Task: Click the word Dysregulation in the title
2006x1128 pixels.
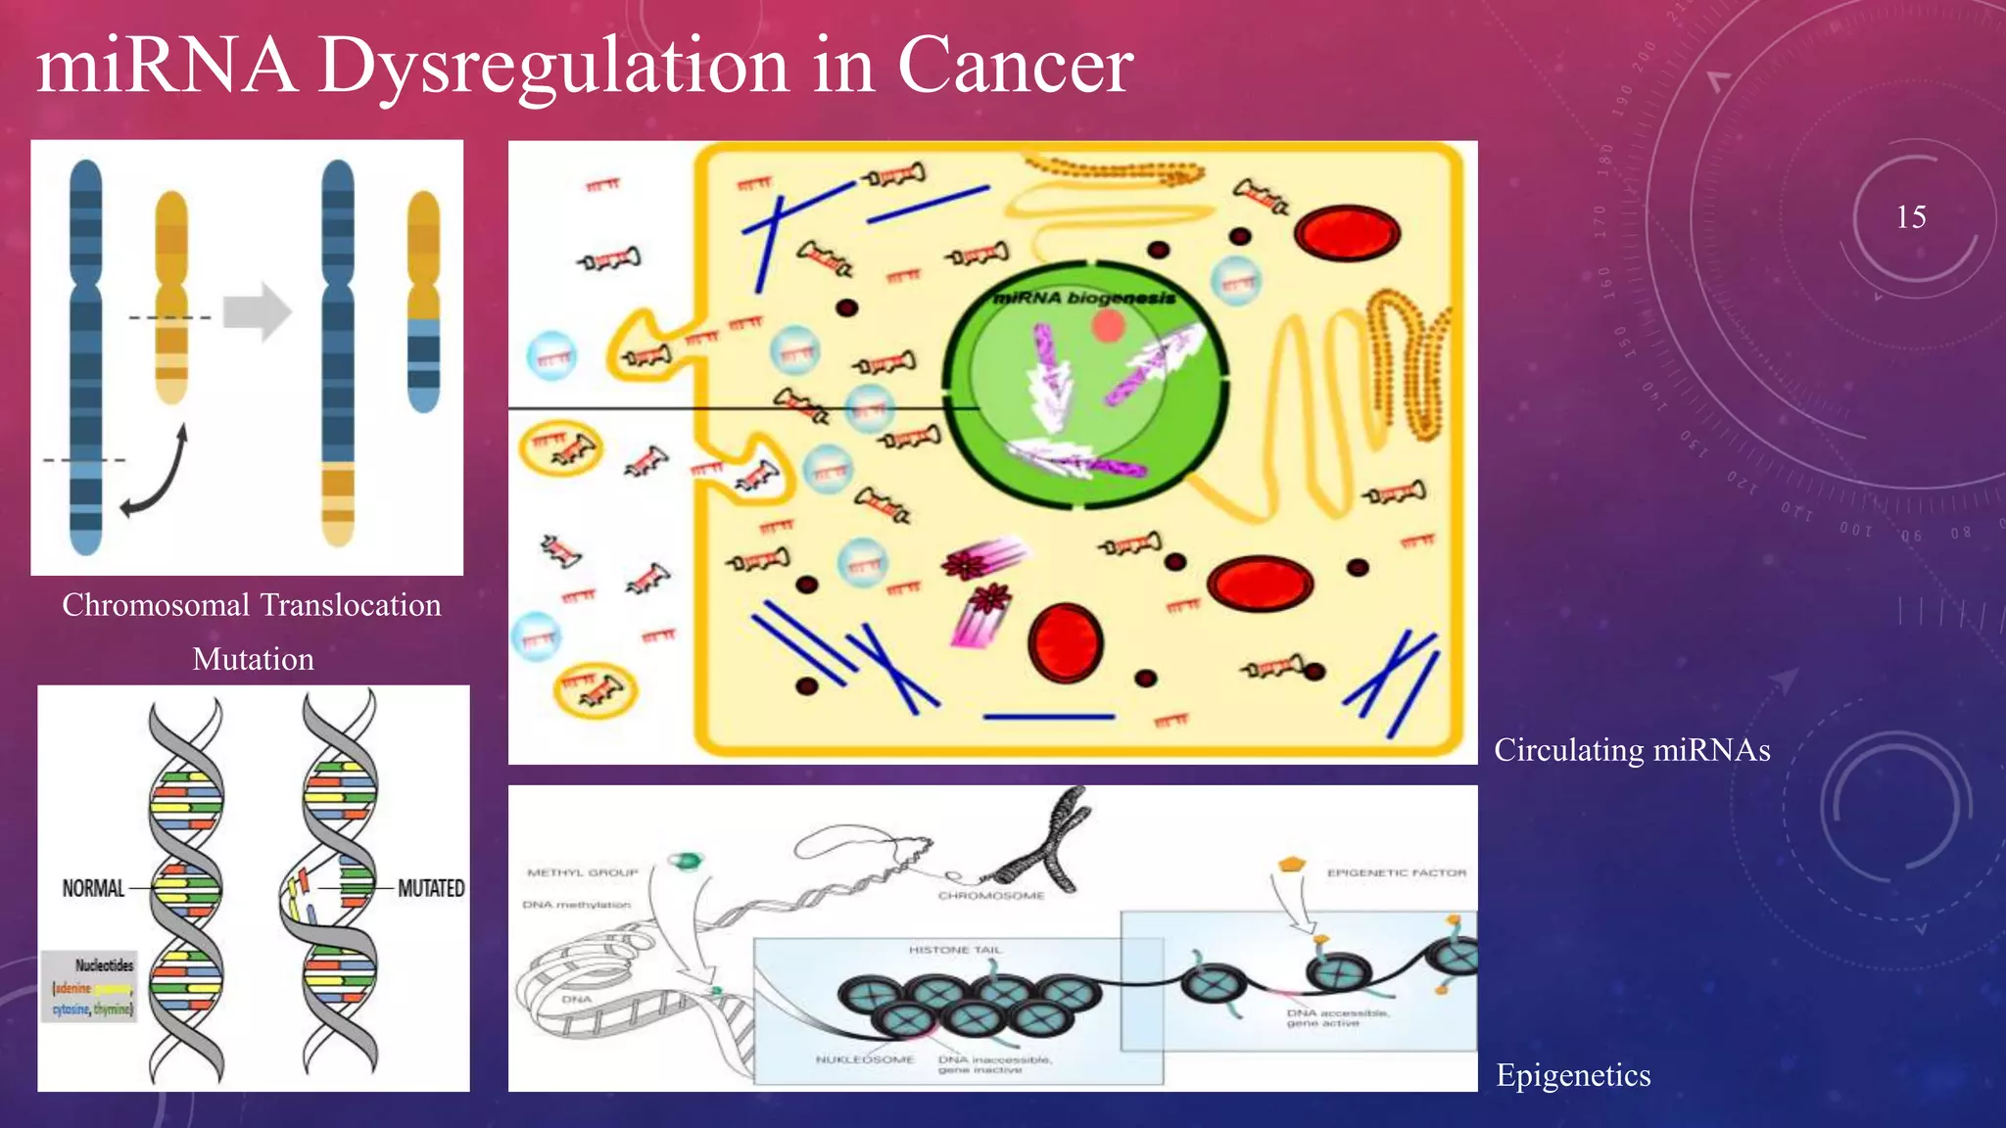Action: [x=553, y=67]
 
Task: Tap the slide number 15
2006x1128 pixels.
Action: [x=1910, y=217]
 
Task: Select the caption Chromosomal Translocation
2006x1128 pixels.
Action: [x=252, y=605]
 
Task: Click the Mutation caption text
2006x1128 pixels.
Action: [x=253, y=659]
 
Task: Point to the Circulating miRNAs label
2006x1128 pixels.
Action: [x=1632, y=750]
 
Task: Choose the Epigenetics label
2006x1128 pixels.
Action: [x=1573, y=1075]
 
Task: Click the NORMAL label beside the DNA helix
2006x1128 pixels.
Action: [x=94, y=888]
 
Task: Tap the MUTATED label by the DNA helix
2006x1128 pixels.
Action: [x=431, y=888]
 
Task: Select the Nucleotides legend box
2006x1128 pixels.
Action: [x=90, y=986]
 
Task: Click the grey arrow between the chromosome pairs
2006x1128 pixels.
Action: [x=257, y=312]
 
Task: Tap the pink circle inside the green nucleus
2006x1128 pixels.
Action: [x=1108, y=326]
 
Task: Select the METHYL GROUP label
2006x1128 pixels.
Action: [x=583, y=872]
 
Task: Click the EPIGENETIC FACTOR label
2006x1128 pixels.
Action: [x=1397, y=872]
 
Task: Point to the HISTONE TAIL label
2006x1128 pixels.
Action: [x=955, y=950]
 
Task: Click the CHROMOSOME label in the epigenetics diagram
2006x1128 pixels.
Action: [x=991, y=895]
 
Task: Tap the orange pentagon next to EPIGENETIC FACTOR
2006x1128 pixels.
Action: [x=1292, y=865]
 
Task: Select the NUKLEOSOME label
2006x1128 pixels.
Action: [x=865, y=1059]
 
